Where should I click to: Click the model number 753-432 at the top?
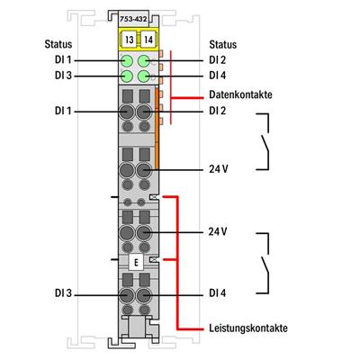click(135, 17)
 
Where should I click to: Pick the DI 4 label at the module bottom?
click(216, 293)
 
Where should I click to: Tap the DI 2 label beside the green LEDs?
click(217, 60)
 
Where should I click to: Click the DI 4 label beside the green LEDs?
click(217, 76)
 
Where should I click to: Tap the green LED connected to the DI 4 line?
click(144, 76)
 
